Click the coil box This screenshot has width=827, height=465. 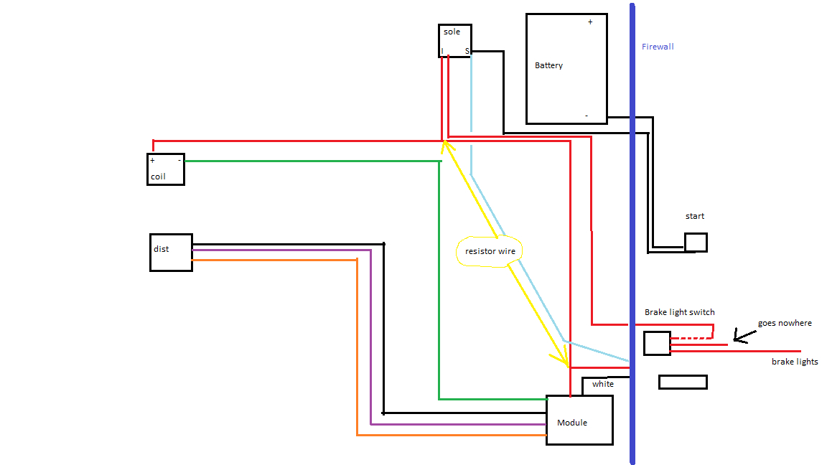click(x=166, y=169)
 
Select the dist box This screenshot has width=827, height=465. click(x=171, y=253)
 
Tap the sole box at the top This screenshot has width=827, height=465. click(x=455, y=41)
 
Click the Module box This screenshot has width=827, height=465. click(x=579, y=420)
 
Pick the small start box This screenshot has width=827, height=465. click(x=696, y=243)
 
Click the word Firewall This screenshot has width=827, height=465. click(x=658, y=47)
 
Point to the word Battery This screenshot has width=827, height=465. click(x=548, y=65)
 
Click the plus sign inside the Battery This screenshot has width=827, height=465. click(x=590, y=22)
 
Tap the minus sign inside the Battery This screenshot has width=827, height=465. click(x=587, y=116)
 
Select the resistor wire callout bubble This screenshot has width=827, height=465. click(x=490, y=251)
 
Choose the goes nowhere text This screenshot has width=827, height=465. click(x=785, y=323)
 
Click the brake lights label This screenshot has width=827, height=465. click(x=795, y=362)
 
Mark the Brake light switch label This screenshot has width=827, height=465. click(x=679, y=312)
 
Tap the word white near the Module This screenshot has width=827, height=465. click(x=603, y=384)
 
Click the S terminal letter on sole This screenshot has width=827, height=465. click(x=467, y=51)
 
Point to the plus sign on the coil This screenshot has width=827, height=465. click(x=152, y=161)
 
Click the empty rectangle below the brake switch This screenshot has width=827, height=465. click(x=683, y=382)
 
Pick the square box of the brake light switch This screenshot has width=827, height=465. click(x=657, y=343)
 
